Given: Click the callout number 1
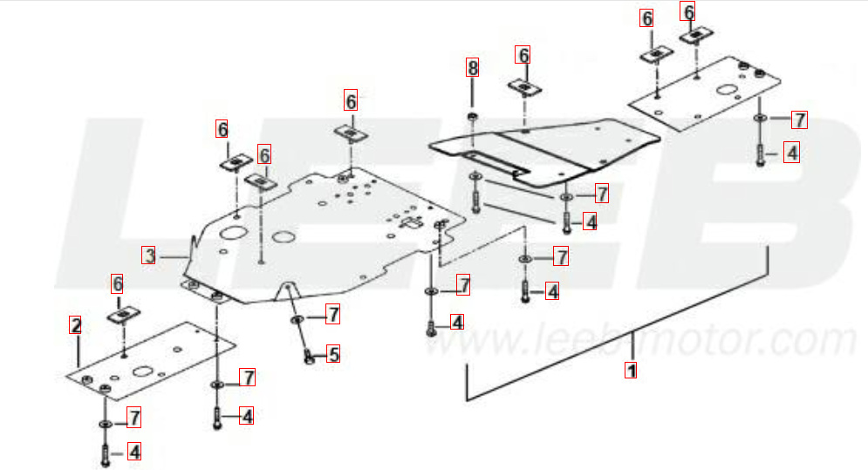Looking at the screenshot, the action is (x=631, y=370).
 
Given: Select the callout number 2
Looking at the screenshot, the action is (x=75, y=325).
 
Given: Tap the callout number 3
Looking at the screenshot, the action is (x=148, y=255).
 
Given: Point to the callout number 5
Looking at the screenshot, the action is (x=332, y=354).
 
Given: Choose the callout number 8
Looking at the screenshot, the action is (x=472, y=67).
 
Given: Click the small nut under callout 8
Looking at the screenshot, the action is (x=472, y=117).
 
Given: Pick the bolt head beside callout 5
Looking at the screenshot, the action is (x=310, y=358).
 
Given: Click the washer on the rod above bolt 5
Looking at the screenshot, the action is (x=297, y=319).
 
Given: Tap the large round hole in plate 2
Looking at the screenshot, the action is (x=143, y=371).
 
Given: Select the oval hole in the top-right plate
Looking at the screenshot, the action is (x=726, y=90).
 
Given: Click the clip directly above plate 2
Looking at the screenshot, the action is (x=124, y=315).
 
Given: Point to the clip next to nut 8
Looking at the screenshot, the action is (x=524, y=87).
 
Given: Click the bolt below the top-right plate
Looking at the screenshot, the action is (x=760, y=154).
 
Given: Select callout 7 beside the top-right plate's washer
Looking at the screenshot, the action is (x=799, y=119).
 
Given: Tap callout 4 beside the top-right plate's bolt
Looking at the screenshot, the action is (x=791, y=153).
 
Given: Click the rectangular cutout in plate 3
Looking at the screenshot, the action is (x=411, y=222).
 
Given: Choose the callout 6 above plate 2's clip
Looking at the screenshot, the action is (x=118, y=283).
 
